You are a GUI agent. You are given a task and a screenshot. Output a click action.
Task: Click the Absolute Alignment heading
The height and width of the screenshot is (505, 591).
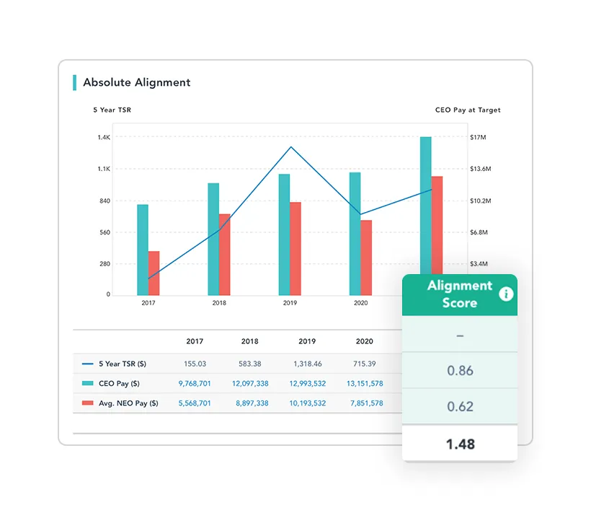[x=136, y=82]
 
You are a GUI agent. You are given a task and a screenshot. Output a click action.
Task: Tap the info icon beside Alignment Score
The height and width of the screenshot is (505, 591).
[x=506, y=294]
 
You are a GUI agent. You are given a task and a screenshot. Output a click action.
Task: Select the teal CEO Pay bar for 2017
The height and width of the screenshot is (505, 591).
[x=143, y=250]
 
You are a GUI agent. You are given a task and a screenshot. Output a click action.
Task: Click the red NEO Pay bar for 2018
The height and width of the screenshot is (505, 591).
[x=225, y=254]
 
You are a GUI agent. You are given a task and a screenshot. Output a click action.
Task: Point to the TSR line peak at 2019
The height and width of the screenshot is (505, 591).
[x=290, y=147]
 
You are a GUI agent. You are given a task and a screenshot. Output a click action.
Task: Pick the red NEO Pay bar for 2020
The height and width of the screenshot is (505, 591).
[x=366, y=257]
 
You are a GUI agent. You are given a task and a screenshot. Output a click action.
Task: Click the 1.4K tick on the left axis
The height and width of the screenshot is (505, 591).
[x=104, y=137]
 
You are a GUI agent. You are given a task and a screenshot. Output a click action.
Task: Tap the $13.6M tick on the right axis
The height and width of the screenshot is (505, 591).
[x=480, y=169]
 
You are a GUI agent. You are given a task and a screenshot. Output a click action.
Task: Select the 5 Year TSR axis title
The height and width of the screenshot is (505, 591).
[x=112, y=110]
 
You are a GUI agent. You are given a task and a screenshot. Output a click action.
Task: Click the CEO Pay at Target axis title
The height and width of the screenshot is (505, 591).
[x=468, y=110]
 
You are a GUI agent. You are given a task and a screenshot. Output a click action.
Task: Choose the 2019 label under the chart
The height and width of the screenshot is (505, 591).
[x=290, y=303]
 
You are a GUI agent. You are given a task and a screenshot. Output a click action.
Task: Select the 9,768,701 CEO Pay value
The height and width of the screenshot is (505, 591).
[x=195, y=384]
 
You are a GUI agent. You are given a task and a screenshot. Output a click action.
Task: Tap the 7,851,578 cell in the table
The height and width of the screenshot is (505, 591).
[x=365, y=403]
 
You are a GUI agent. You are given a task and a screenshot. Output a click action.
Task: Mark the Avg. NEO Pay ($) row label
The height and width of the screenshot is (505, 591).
[x=128, y=403]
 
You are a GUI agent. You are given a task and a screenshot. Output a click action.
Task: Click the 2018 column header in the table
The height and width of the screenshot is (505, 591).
[x=251, y=341]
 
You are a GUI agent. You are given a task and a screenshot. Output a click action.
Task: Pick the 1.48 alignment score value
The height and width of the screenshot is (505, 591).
[x=460, y=444]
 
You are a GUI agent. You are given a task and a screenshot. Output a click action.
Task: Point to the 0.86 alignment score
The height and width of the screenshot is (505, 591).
[x=460, y=371]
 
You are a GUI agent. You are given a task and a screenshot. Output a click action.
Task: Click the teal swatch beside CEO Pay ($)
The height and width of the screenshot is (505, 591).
[x=88, y=384]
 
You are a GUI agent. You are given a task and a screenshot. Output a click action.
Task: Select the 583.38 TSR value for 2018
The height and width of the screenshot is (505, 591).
[x=251, y=364]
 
